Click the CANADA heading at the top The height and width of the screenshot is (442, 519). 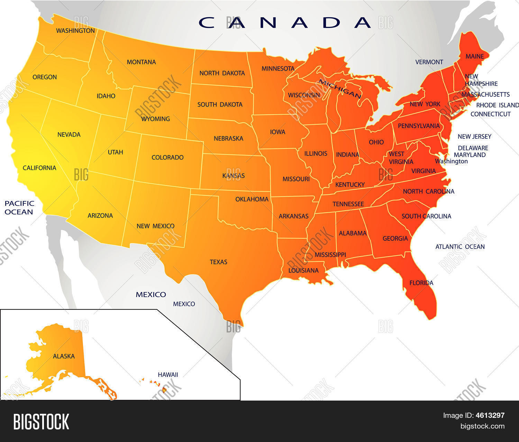(x=285, y=22)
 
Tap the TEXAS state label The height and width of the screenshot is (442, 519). (x=218, y=262)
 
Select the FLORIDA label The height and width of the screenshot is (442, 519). (x=421, y=283)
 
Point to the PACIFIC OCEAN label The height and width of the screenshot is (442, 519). (x=19, y=208)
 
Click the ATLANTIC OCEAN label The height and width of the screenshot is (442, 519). (x=460, y=247)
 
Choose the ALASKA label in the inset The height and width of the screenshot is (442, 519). (x=64, y=356)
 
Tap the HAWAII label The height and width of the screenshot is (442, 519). (x=168, y=375)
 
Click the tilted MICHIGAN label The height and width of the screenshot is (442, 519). (x=339, y=88)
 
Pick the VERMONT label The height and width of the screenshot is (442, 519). (x=429, y=62)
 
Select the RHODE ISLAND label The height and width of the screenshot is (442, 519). (x=497, y=105)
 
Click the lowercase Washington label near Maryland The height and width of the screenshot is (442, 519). (x=451, y=161)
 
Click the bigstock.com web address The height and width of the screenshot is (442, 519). (x=482, y=426)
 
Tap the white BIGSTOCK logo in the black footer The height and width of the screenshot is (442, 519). (x=41, y=422)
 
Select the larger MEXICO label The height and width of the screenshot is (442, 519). (x=151, y=295)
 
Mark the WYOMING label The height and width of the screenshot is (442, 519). (x=155, y=119)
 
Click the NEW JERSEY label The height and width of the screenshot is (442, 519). (x=474, y=137)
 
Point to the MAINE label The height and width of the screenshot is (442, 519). (x=474, y=56)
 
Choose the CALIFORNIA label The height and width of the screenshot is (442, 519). (x=39, y=168)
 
